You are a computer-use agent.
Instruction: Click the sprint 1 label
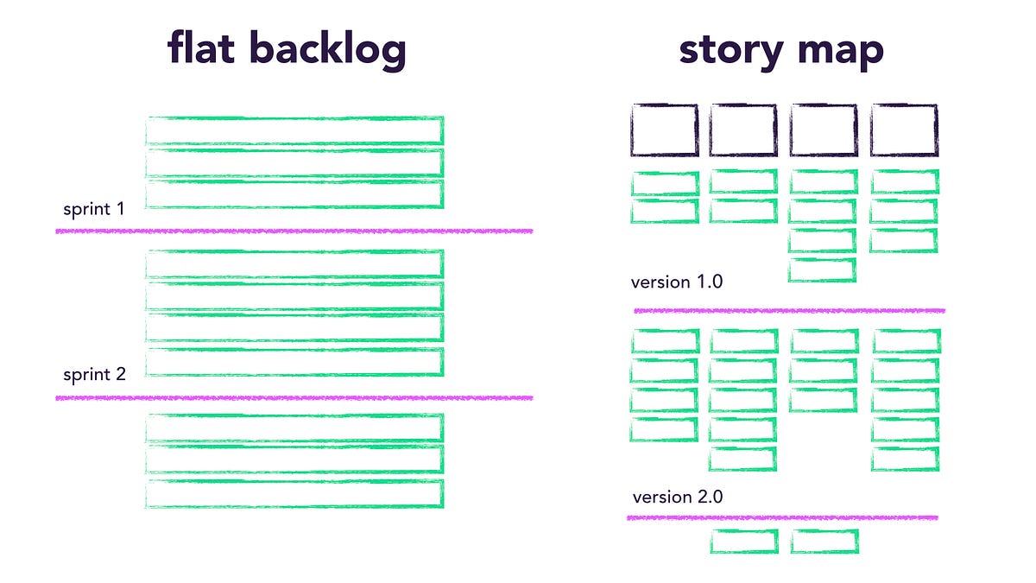pyautogui.click(x=93, y=209)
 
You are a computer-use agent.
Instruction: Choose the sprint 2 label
pyautogui.click(x=94, y=375)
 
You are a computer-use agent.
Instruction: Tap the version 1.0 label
pyautogui.click(x=677, y=282)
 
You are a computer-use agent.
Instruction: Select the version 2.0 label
pyautogui.click(x=678, y=497)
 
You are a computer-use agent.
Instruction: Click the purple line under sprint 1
pyautogui.click(x=294, y=231)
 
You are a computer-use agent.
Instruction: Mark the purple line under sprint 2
pyautogui.click(x=294, y=397)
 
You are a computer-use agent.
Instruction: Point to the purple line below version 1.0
pyautogui.click(x=789, y=310)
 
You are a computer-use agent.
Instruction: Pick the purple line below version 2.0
pyautogui.click(x=782, y=518)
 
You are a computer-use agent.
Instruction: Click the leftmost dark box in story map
pyautogui.click(x=664, y=130)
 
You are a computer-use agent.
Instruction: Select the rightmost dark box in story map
pyautogui.click(x=904, y=130)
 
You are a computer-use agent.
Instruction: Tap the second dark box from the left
pyautogui.click(x=743, y=130)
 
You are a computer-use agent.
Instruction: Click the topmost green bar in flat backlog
pyautogui.click(x=294, y=130)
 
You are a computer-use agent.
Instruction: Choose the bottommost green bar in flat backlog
pyautogui.click(x=294, y=493)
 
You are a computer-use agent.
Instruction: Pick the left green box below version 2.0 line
pyautogui.click(x=743, y=542)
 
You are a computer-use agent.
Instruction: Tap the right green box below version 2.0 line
pyautogui.click(x=824, y=542)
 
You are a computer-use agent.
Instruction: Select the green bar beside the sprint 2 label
pyautogui.click(x=294, y=363)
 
